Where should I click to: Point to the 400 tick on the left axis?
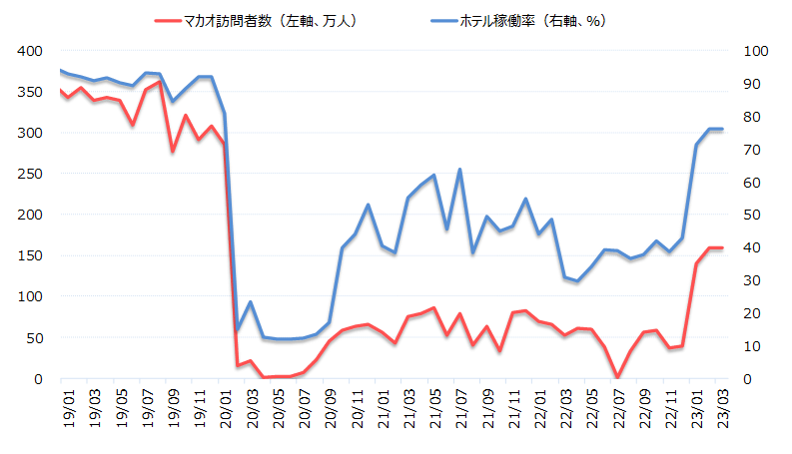click(x=30, y=50)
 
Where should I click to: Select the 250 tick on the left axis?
click(x=30, y=174)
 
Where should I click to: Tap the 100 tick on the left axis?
click(x=30, y=296)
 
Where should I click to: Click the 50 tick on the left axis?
click(x=34, y=337)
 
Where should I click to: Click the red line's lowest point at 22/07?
click(x=617, y=377)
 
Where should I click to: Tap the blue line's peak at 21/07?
click(x=459, y=169)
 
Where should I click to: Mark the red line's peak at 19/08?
click(x=160, y=82)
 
